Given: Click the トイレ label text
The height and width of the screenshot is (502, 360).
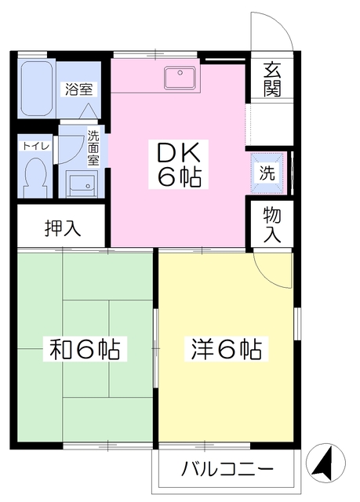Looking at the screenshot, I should pyautogui.click(x=34, y=145).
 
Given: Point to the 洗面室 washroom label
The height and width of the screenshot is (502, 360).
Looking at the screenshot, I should pyautogui.click(x=93, y=147).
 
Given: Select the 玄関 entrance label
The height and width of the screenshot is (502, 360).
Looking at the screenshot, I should pyautogui.click(x=272, y=78).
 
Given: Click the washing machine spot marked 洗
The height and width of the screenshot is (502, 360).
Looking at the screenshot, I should pyautogui.click(x=267, y=174).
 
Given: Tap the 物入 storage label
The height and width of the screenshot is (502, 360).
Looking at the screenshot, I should pyautogui.click(x=271, y=224).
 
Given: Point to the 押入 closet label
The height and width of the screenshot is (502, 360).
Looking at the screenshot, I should pyautogui.click(x=60, y=229).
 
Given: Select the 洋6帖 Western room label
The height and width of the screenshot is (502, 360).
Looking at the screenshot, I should pyautogui.click(x=225, y=347).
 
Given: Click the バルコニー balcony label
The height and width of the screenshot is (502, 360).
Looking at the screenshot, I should pyautogui.click(x=227, y=470).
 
